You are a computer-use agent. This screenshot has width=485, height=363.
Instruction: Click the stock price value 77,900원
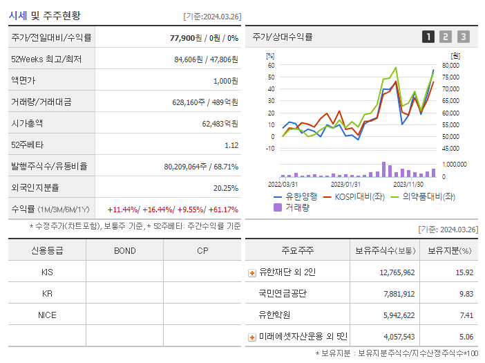coord(186,38)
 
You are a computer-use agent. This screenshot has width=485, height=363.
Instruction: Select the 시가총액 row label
coord(27,124)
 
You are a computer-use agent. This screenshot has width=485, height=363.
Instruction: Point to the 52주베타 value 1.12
coord(231,145)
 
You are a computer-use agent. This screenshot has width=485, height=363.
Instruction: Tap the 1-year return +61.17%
coord(222,210)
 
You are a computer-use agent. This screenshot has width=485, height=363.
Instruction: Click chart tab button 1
coord(428,37)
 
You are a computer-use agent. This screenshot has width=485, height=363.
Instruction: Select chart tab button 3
coord(463,37)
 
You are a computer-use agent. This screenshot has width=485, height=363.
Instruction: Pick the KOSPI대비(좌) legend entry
coord(354,196)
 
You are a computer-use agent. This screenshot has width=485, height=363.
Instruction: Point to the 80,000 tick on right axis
coord(450,66)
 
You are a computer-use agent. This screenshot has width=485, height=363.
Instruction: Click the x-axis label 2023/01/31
coord(345,184)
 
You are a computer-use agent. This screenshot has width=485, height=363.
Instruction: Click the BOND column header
coord(124,250)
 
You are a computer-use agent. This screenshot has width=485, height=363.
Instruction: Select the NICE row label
coord(47,315)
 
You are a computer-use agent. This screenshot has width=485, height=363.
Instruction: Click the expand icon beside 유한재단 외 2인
coord(252,272)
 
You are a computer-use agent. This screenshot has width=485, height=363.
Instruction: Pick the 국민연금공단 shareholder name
coord(283,294)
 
